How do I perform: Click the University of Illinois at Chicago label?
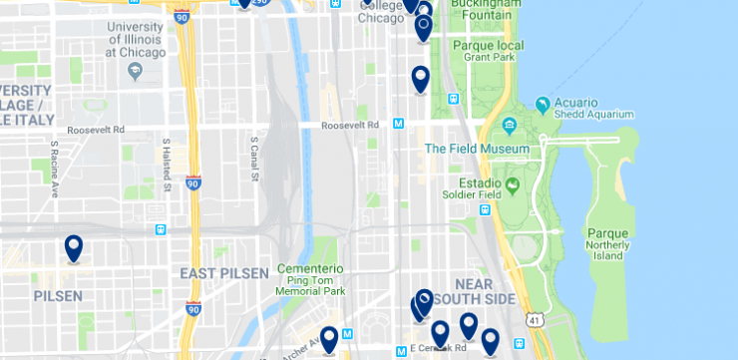[x=136, y=39]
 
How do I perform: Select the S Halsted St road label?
[x=166, y=165]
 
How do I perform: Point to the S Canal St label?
[x=255, y=161]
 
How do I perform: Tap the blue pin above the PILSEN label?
[x=73, y=247]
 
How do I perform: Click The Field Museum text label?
[x=477, y=150]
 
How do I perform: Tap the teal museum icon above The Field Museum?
[x=510, y=127]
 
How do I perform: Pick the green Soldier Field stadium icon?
[x=513, y=183]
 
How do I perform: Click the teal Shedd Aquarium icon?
[x=543, y=104]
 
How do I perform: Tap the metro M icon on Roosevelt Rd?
[x=398, y=125]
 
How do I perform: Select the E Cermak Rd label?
[x=439, y=349]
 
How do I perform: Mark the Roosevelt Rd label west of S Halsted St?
[x=96, y=130]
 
